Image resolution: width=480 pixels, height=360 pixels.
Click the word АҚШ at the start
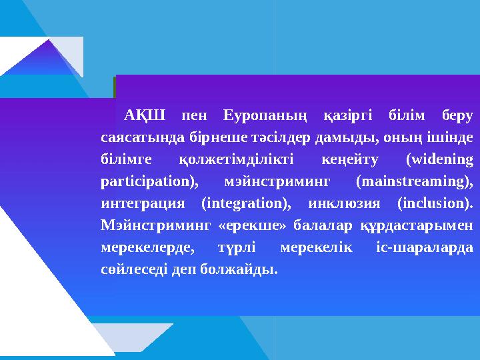coord(139,115)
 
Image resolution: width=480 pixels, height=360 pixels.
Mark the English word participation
coord(147,181)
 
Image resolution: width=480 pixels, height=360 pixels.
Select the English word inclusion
coord(434,203)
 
